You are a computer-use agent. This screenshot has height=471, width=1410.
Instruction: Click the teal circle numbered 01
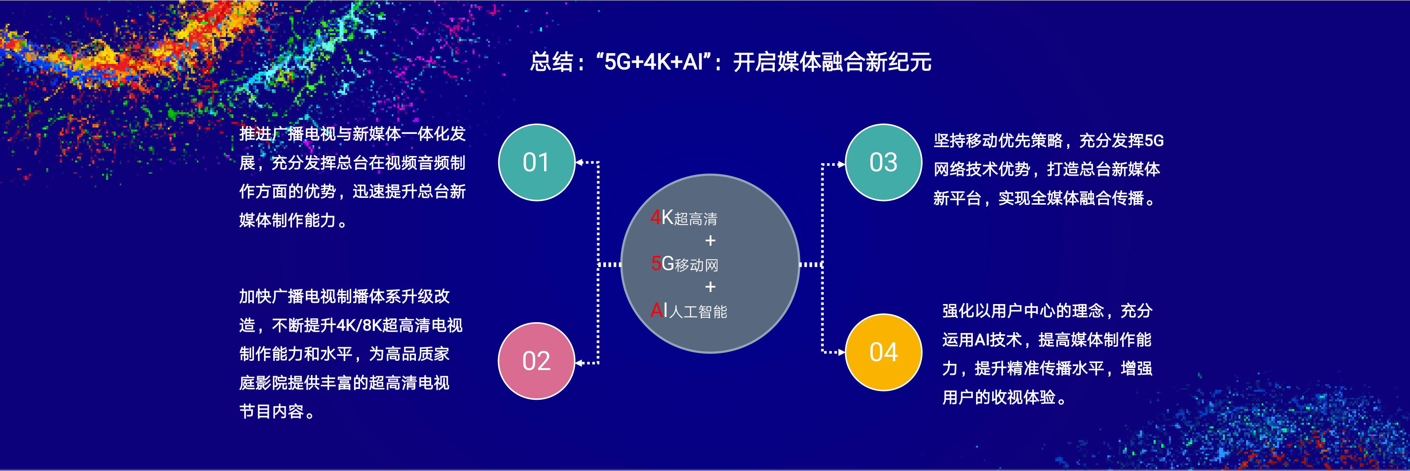(x=536, y=162)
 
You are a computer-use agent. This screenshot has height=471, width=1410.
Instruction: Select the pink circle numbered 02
(x=536, y=361)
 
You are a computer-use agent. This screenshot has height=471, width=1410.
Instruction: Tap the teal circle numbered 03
(x=884, y=162)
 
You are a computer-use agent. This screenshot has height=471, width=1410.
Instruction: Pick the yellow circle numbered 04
(x=884, y=352)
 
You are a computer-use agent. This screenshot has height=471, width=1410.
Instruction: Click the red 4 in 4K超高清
(x=656, y=218)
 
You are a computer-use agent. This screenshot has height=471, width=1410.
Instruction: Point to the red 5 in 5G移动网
(x=656, y=264)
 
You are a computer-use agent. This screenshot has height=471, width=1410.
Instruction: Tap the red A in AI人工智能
(x=656, y=311)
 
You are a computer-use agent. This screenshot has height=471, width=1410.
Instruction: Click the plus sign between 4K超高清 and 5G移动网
(x=710, y=241)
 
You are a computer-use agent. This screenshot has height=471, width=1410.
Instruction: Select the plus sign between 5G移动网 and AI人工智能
(x=710, y=287)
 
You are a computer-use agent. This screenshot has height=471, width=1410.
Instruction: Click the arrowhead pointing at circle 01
(x=579, y=162)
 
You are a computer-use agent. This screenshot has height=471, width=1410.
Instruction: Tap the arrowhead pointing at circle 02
(x=579, y=362)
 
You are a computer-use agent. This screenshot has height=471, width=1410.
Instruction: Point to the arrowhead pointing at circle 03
(x=842, y=164)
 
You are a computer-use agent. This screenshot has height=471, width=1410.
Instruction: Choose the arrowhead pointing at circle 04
(x=842, y=352)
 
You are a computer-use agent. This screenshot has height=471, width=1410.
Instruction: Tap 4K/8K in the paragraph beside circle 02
(x=358, y=326)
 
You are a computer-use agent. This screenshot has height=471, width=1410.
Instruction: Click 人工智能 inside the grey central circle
(x=698, y=312)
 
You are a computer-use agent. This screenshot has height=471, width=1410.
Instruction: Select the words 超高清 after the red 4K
(x=696, y=219)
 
